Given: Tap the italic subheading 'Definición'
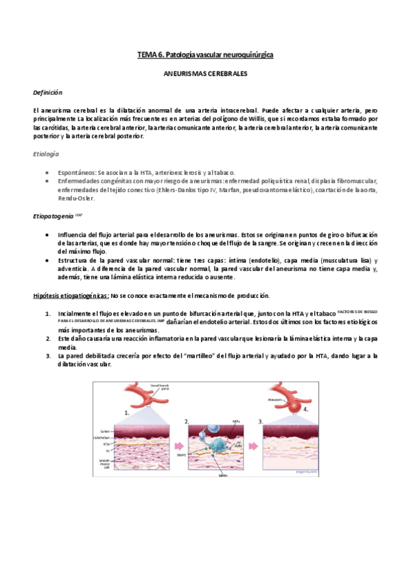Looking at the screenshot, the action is point(48,92).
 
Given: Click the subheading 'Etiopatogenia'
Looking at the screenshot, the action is point(56,216).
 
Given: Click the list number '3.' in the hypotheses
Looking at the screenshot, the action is point(48,356).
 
